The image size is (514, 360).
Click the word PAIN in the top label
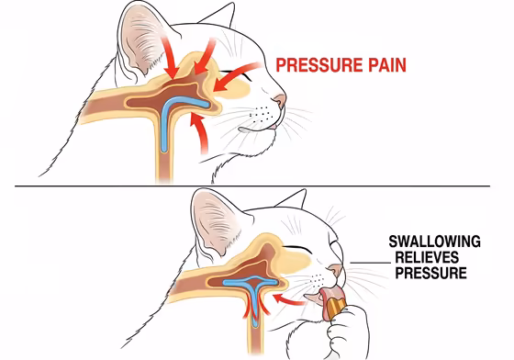380,66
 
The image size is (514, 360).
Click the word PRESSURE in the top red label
311,66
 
